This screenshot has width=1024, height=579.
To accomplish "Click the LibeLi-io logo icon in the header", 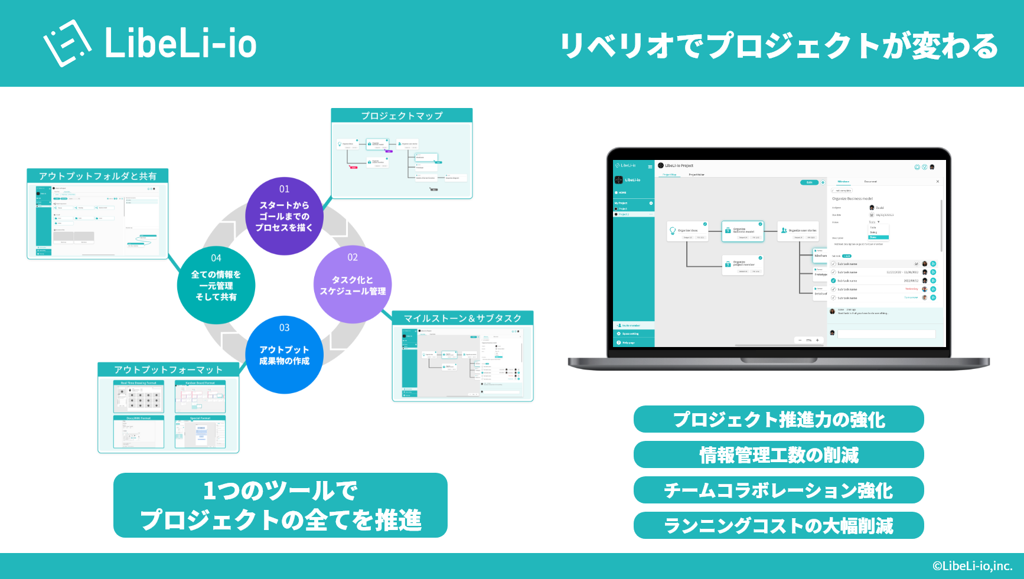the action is click(x=67, y=43).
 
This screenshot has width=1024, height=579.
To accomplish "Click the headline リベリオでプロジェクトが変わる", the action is click(x=779, y=45).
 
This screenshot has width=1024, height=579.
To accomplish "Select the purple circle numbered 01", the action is click(x=284, y=216).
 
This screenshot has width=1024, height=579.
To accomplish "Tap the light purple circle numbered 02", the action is click(x=353, y=284).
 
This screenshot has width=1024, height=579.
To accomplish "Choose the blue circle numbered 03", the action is click(x=284, y=355).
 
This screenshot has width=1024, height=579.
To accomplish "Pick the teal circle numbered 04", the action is click(x=216, y=285).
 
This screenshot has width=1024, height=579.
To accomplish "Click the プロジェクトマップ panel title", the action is click(x=402, y=116).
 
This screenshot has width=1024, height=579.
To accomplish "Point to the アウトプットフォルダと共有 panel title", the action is click(x=97, y=176).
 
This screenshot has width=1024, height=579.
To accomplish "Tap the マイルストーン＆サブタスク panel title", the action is click(x=462, y=318).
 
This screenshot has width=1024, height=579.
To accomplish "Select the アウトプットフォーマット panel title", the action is click(x=168, y=369).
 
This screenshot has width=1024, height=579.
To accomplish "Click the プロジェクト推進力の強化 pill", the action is click(x=778, y=420).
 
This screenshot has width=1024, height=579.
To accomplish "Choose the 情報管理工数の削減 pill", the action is click(x=778, y=455).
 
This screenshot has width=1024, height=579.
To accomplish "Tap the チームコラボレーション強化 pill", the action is click(x=778, y=490).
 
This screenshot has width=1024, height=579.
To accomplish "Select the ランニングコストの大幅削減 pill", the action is click(x=778, y=525).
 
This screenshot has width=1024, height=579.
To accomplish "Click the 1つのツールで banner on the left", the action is click(x=281, y=505).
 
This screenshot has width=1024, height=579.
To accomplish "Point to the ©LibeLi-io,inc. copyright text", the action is click(x=972, y=566).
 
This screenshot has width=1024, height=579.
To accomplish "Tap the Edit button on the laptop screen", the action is click(x=809, y=182).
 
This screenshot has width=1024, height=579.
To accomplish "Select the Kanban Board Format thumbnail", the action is click(x=200, y=397).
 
